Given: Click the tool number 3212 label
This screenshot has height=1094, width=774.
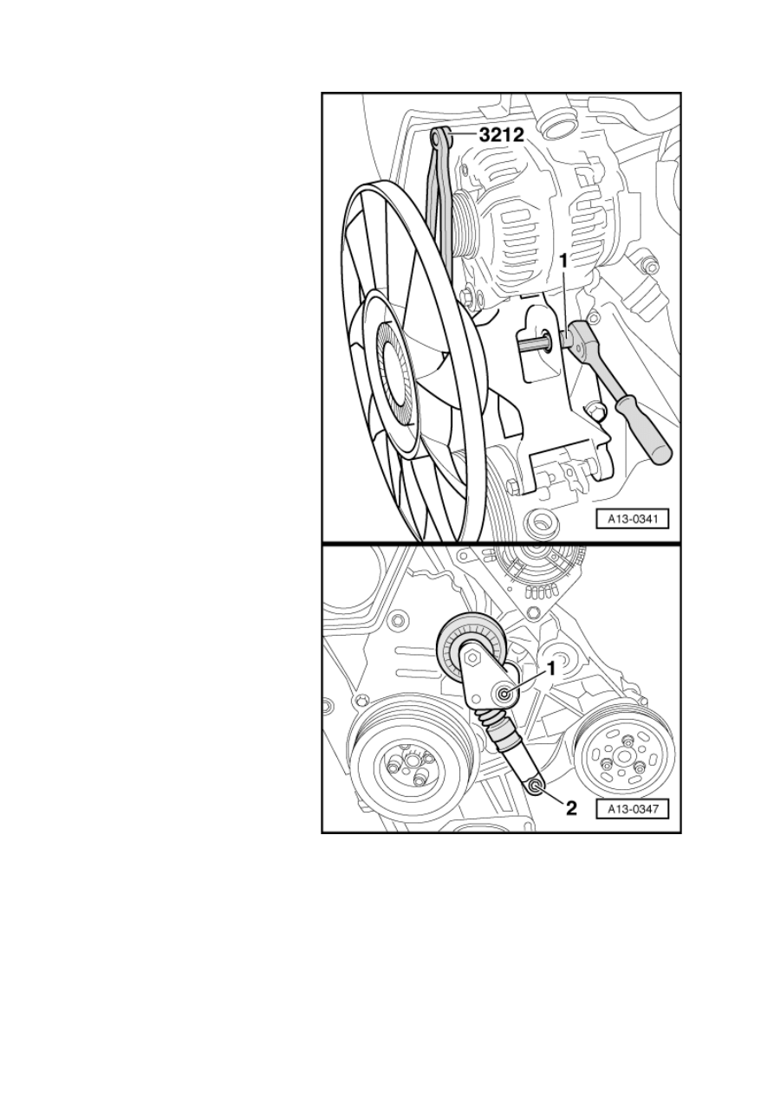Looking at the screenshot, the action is tap(501, 134).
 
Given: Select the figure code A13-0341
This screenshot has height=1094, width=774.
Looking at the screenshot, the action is tap(632, 520).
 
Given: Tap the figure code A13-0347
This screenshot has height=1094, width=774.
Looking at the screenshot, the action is tap(632, 809).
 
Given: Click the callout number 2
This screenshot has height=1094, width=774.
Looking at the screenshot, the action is tap(570, 808).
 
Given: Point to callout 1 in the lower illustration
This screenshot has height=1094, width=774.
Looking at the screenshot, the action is tap(551, 668).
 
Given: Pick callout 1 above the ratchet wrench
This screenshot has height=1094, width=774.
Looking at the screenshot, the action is tap(563, 262).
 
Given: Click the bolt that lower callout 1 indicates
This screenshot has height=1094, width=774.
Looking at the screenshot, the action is tap(504, 694).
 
